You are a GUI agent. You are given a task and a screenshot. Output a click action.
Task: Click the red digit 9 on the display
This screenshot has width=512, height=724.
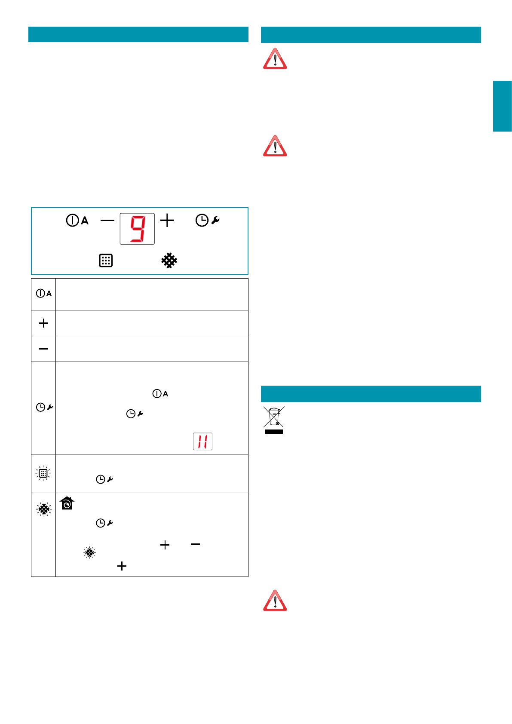coord(138,229)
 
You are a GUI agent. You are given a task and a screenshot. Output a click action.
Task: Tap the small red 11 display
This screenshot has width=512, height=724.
coord(202,442)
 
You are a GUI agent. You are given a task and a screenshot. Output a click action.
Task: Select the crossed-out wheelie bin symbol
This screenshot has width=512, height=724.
coord(274,420)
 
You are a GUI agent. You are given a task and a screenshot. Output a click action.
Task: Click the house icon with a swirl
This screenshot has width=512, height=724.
coord(67,503)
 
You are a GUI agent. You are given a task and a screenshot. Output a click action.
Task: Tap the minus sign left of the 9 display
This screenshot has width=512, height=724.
coord(107,221)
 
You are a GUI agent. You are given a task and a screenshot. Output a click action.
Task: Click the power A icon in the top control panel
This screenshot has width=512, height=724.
coord(77,221)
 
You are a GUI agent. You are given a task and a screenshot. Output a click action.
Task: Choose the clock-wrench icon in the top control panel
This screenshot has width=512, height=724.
coord(207,221)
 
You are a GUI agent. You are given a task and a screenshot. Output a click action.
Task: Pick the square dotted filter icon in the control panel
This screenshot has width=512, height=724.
coord(106,261)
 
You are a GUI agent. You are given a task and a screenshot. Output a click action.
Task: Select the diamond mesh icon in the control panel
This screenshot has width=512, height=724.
coord(169,261)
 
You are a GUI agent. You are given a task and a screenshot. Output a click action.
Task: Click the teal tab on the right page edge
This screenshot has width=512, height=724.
coord(502,106)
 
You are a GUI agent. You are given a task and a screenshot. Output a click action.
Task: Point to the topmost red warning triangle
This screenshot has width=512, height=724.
coord(275,59)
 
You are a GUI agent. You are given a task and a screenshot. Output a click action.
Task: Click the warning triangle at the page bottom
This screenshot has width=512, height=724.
coord(275,601)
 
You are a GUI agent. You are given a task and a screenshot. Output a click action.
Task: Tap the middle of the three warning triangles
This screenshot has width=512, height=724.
coord(275,146)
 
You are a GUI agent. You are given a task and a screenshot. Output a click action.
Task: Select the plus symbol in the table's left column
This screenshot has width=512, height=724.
coord(43,323)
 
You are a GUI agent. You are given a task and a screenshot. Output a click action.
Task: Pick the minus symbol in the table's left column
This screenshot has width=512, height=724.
coord(43,349)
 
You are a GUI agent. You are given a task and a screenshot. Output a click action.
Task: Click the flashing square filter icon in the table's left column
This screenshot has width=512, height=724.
coord(43,473)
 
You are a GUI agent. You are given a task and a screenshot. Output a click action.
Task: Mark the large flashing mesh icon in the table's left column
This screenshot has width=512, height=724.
coord(43,509)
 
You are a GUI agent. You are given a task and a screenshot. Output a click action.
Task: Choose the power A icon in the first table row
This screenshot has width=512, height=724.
coord(43,294)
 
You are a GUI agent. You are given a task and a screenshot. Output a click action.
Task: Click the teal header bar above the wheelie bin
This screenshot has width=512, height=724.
coord(371,393)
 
